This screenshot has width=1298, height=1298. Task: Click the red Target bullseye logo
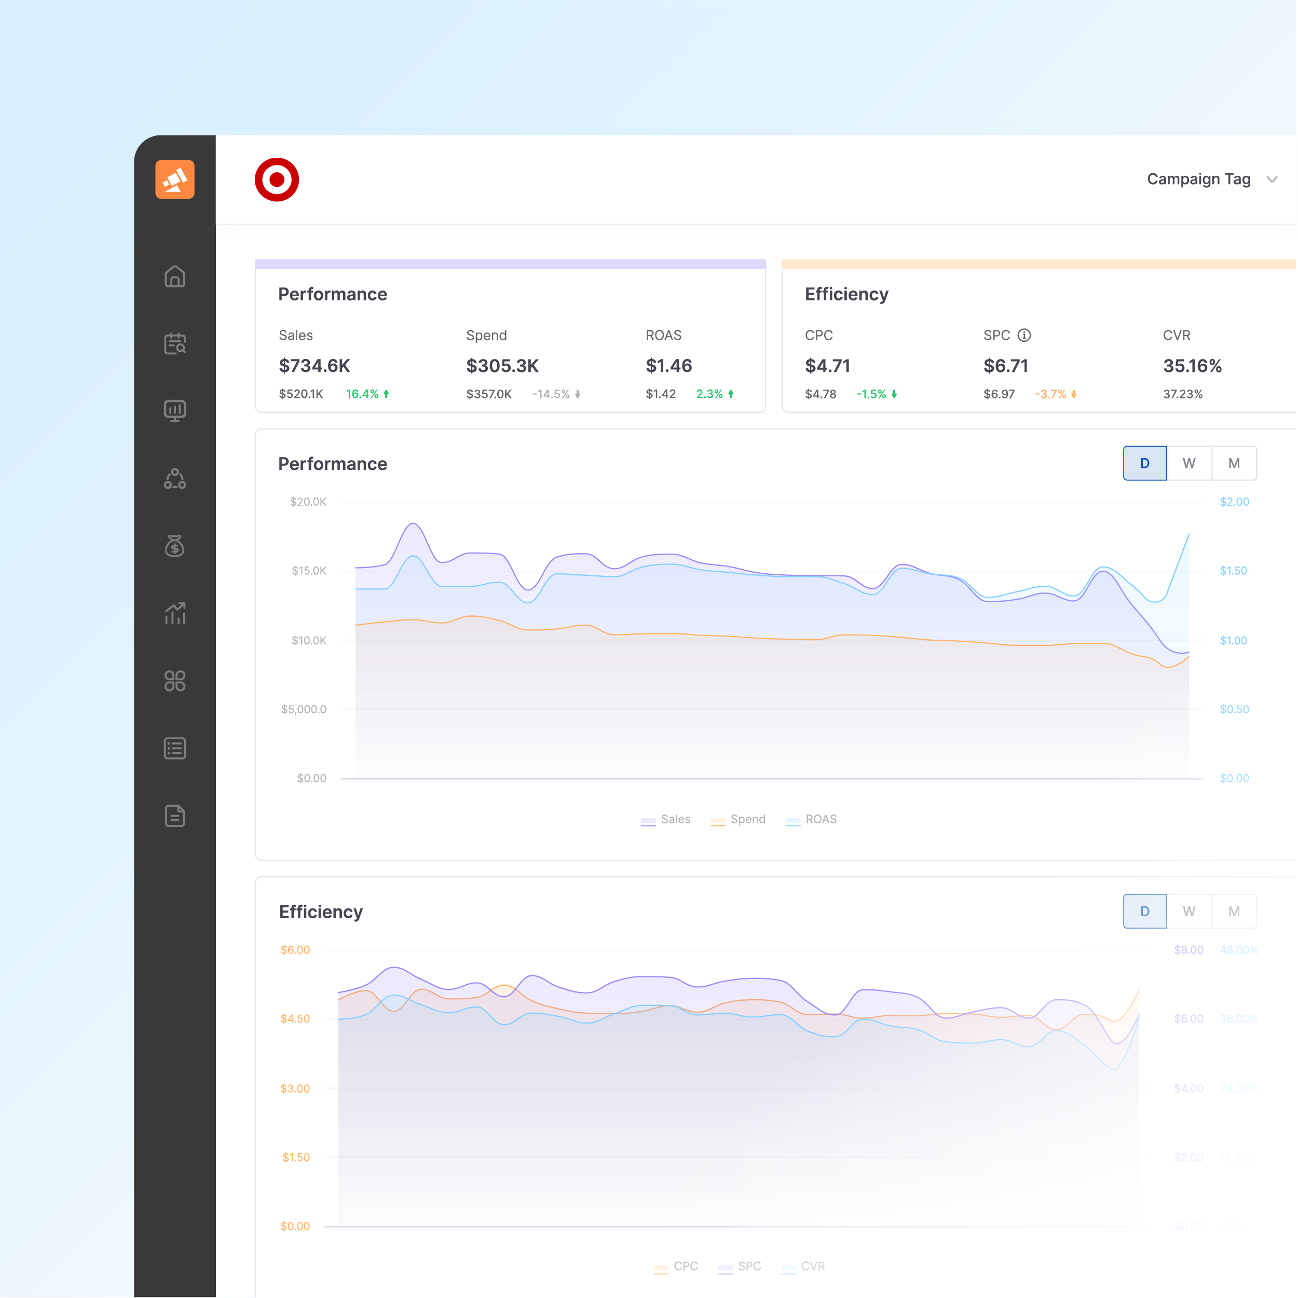click(x=276, y=179)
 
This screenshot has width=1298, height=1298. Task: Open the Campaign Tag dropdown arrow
click(x=1271, y=179)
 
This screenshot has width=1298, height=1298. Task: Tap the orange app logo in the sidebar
click(x=175, y=179)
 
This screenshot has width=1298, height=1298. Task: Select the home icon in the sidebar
click(x=175, y=276)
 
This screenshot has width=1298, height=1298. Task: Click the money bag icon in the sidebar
click(x=175, y=546)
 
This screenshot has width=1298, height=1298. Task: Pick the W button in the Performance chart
click(x=1188, y=463)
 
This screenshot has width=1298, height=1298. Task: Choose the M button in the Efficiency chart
click(x=1234, y=911)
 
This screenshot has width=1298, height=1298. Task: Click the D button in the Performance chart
click(x=1144, y=463)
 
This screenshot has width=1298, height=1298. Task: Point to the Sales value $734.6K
click(x=314, y=365)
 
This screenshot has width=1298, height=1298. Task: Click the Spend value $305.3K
click(x=502, y=365)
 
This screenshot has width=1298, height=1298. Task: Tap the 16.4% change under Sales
click(x=362, y=394)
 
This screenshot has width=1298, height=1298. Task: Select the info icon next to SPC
click(x=1024, y=335)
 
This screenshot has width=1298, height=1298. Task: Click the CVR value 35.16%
click(x=1192, y=365)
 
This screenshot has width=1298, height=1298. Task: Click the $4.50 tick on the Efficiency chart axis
click(x=295, y=1018)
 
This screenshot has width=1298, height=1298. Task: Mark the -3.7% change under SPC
click(x=1050, y=394)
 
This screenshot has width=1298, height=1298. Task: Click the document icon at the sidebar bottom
click(x=175, y=816)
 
